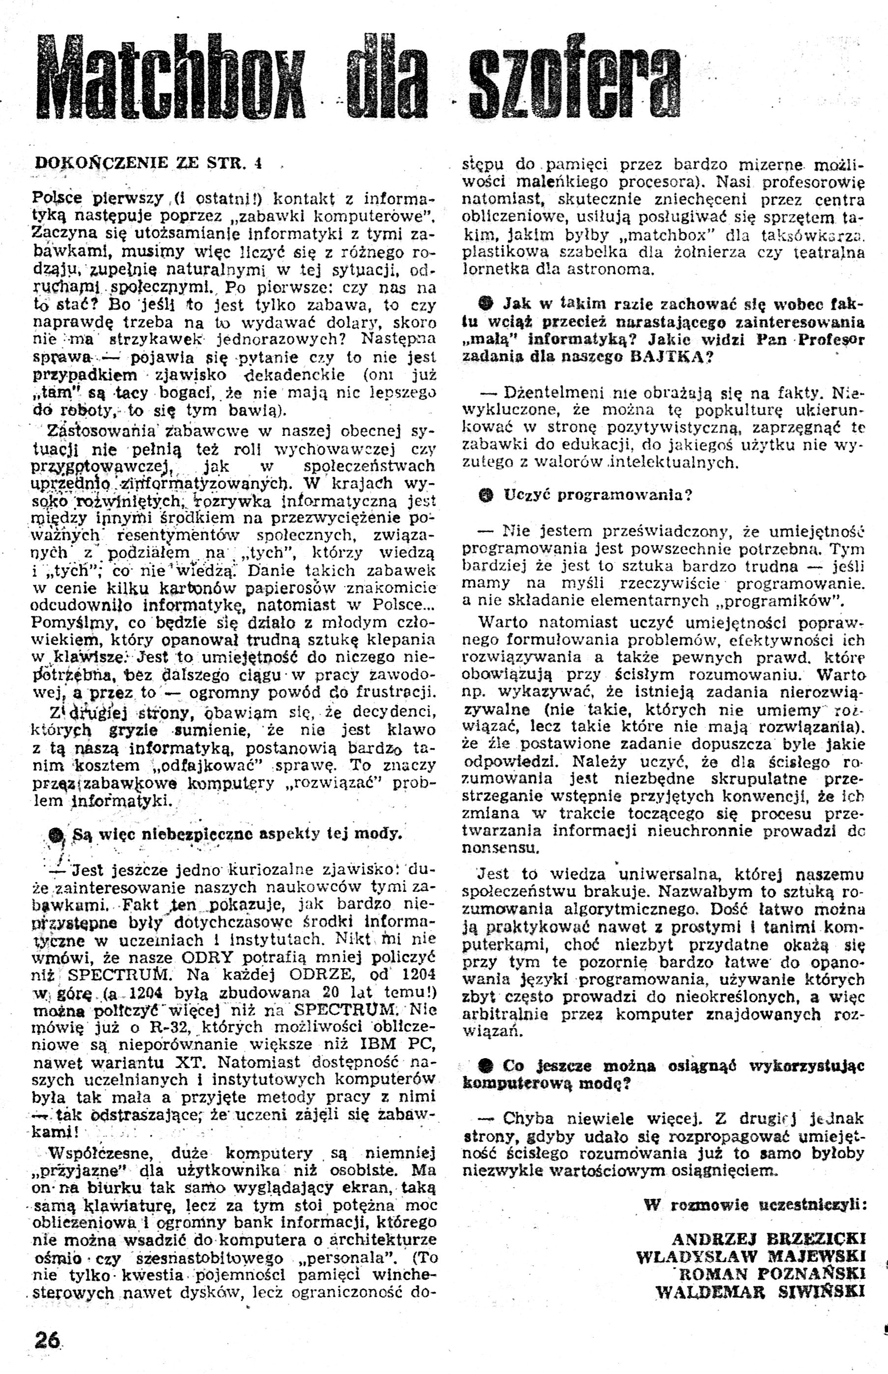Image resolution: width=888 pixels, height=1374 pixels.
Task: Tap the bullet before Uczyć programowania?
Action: (x=487, y=495)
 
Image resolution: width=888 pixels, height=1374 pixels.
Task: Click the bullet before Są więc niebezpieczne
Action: (x=57, y=835)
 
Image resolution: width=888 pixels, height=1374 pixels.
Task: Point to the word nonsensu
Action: (x=500, y=849)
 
